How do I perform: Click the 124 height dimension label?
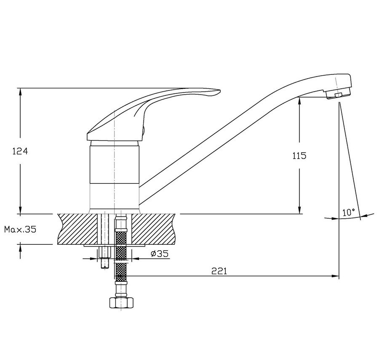(20, 151)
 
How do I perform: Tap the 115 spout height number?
(299, 156)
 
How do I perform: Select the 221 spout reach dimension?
(219, 271)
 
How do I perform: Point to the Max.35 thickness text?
(20, 229)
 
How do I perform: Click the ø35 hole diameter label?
(159, 254)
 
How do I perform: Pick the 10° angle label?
(349, 212)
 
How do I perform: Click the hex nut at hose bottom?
(121, 303)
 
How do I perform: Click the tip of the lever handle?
(220, 91)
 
